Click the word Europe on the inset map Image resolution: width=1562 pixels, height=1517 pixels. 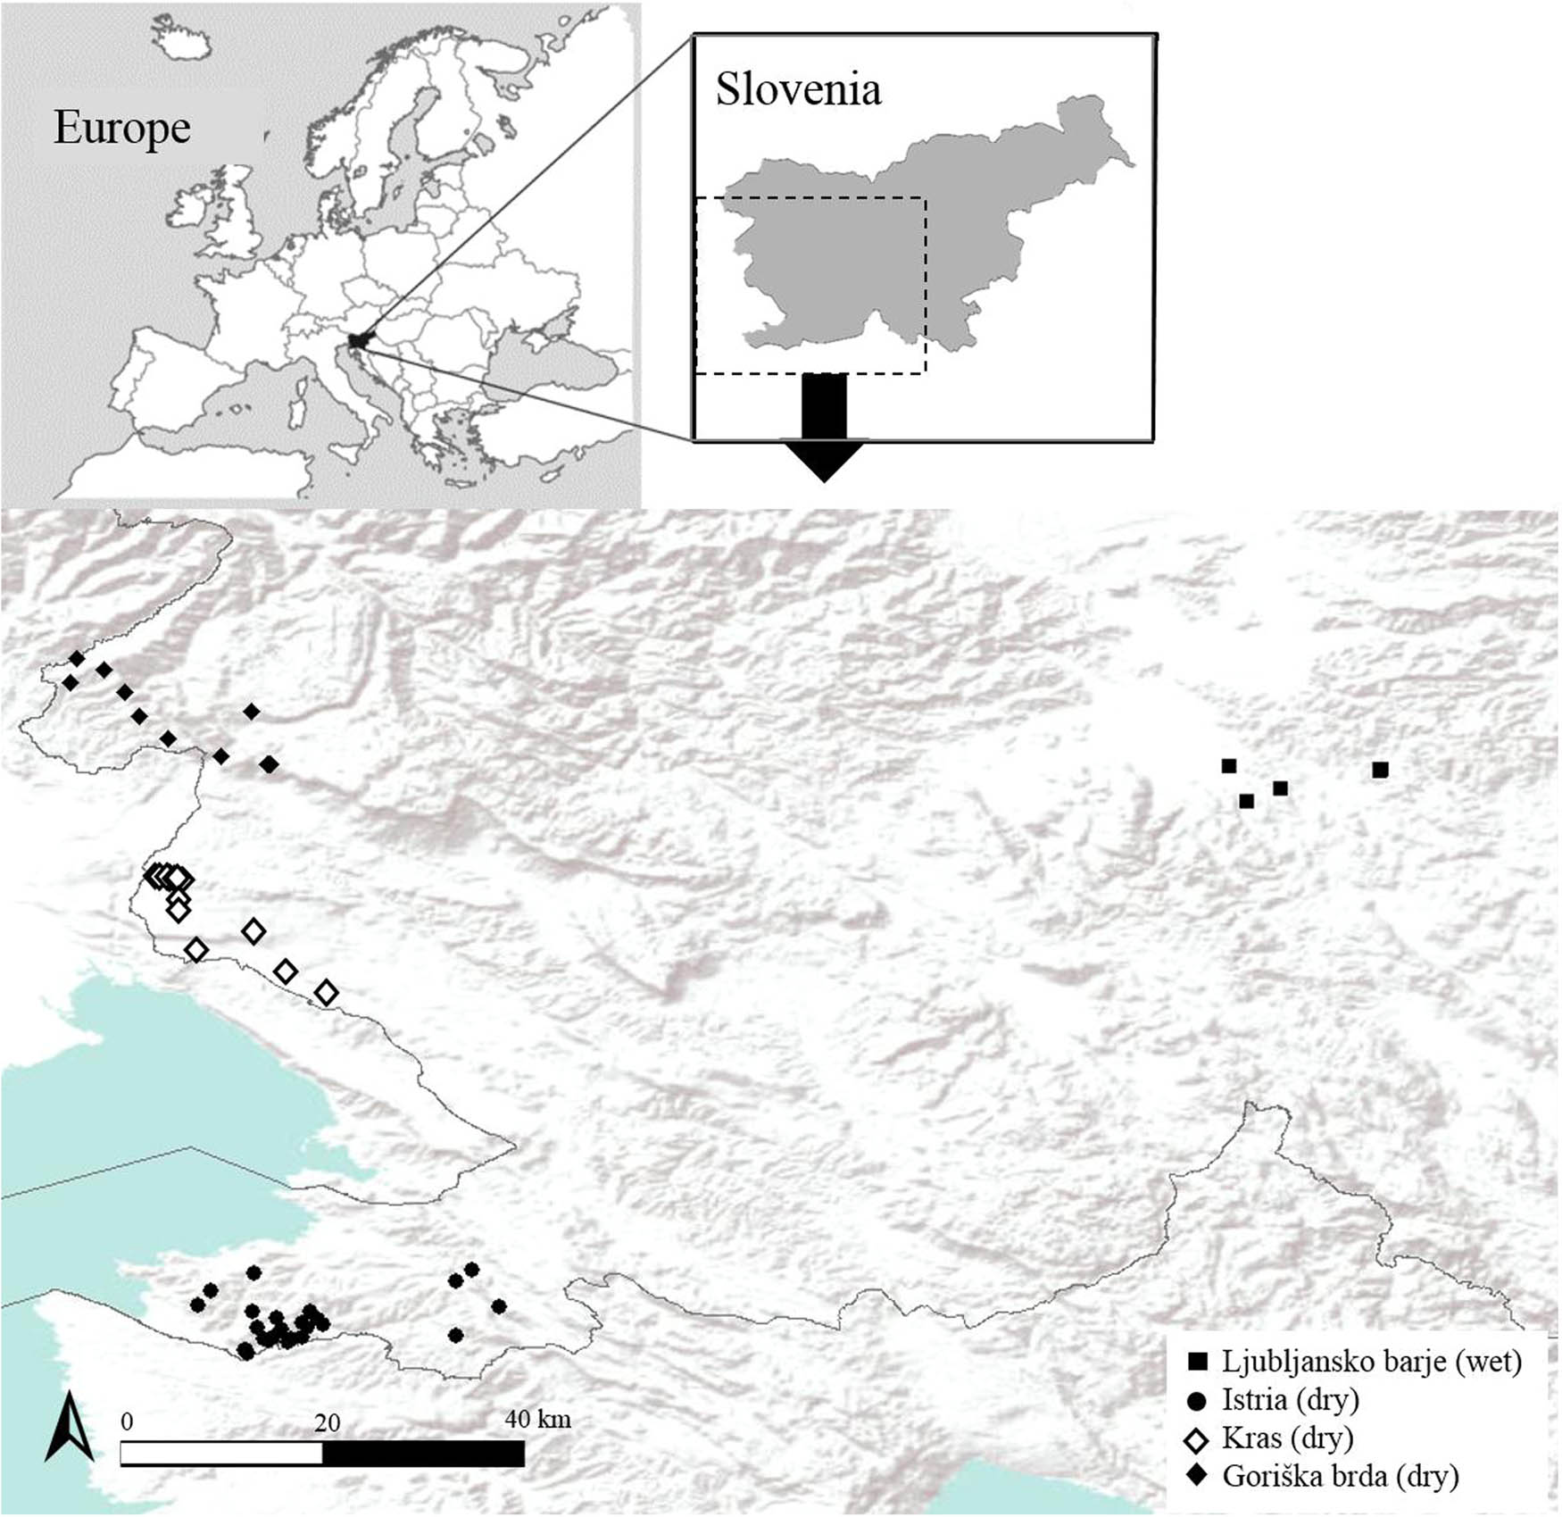122,128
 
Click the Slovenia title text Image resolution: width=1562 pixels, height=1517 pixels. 798,89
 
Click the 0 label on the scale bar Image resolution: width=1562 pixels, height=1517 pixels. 126,1421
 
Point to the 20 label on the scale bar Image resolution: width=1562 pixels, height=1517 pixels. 327,1422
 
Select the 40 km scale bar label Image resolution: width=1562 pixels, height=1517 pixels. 537,1419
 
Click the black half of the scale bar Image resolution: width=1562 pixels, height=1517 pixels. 423,1454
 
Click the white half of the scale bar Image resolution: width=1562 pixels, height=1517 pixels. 221,1454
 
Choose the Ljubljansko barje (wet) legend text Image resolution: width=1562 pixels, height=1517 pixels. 1371,1362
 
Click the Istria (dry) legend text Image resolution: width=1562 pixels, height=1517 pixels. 1290,1400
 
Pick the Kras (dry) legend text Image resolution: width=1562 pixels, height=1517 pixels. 1287,1438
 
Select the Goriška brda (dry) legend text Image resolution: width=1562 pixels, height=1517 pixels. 1340,1476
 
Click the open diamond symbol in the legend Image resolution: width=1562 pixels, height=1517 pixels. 1197,1439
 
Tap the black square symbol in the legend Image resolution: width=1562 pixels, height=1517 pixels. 1197,1363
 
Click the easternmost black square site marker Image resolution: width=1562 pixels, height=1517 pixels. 1380,770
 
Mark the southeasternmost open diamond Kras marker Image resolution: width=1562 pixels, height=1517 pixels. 327,992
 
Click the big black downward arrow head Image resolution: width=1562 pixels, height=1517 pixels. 824,460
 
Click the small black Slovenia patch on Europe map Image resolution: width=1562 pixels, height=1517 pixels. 358,340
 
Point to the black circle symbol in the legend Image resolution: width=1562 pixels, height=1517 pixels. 1197,1401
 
